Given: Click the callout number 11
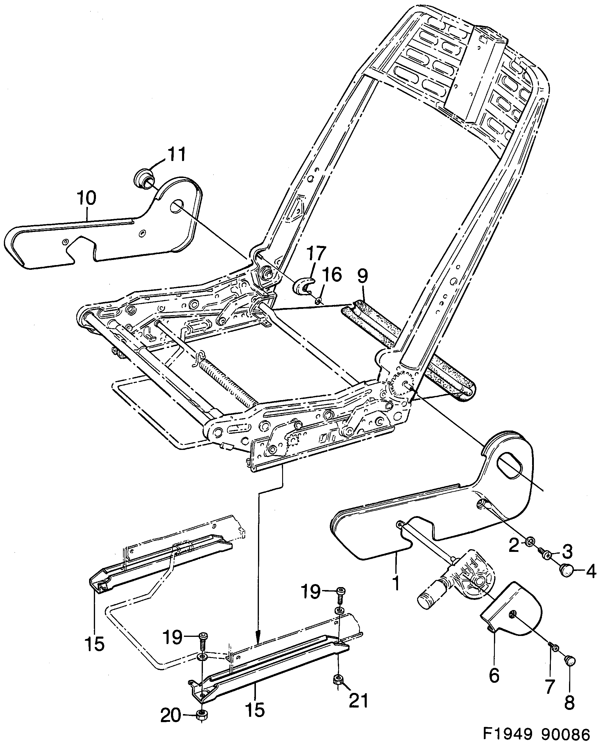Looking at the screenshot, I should [176, 154].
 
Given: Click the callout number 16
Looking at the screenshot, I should [332, 275].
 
